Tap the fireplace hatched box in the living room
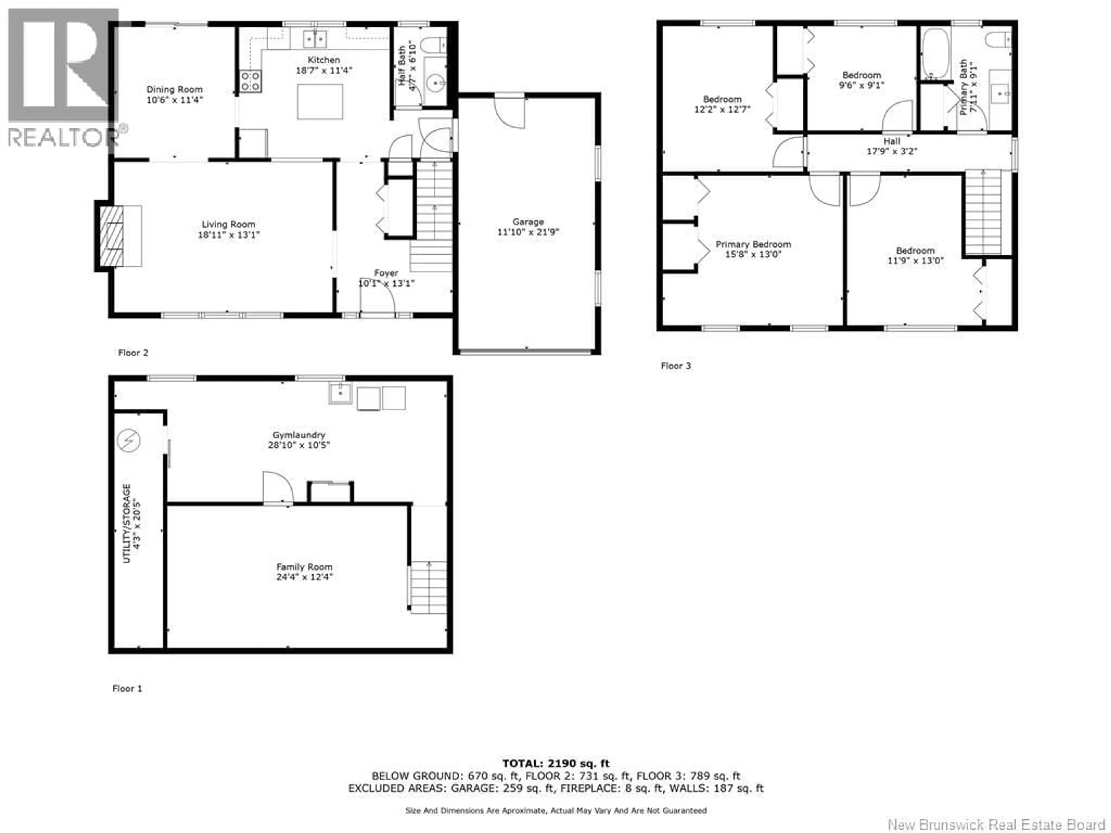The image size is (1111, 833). tap(111, 235)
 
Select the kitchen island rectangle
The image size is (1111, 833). tap(320, 102)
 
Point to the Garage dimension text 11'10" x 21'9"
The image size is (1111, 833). tap(528, 232)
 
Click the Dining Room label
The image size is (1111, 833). tap(174, 89)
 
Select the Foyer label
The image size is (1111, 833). tap(386, 273)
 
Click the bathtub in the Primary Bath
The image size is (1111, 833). tap(935, 53)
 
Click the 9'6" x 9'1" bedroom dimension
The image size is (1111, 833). tap(861, 85)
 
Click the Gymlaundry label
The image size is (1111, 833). tap(299, 435)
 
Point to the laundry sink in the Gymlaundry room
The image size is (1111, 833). tap(340, 393)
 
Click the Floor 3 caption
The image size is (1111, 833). tap(676, 366)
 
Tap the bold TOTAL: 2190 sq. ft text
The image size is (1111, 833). tap(555, 763)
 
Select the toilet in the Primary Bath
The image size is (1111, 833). tap(998, 39)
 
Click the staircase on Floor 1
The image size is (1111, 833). tap(428, 587)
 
